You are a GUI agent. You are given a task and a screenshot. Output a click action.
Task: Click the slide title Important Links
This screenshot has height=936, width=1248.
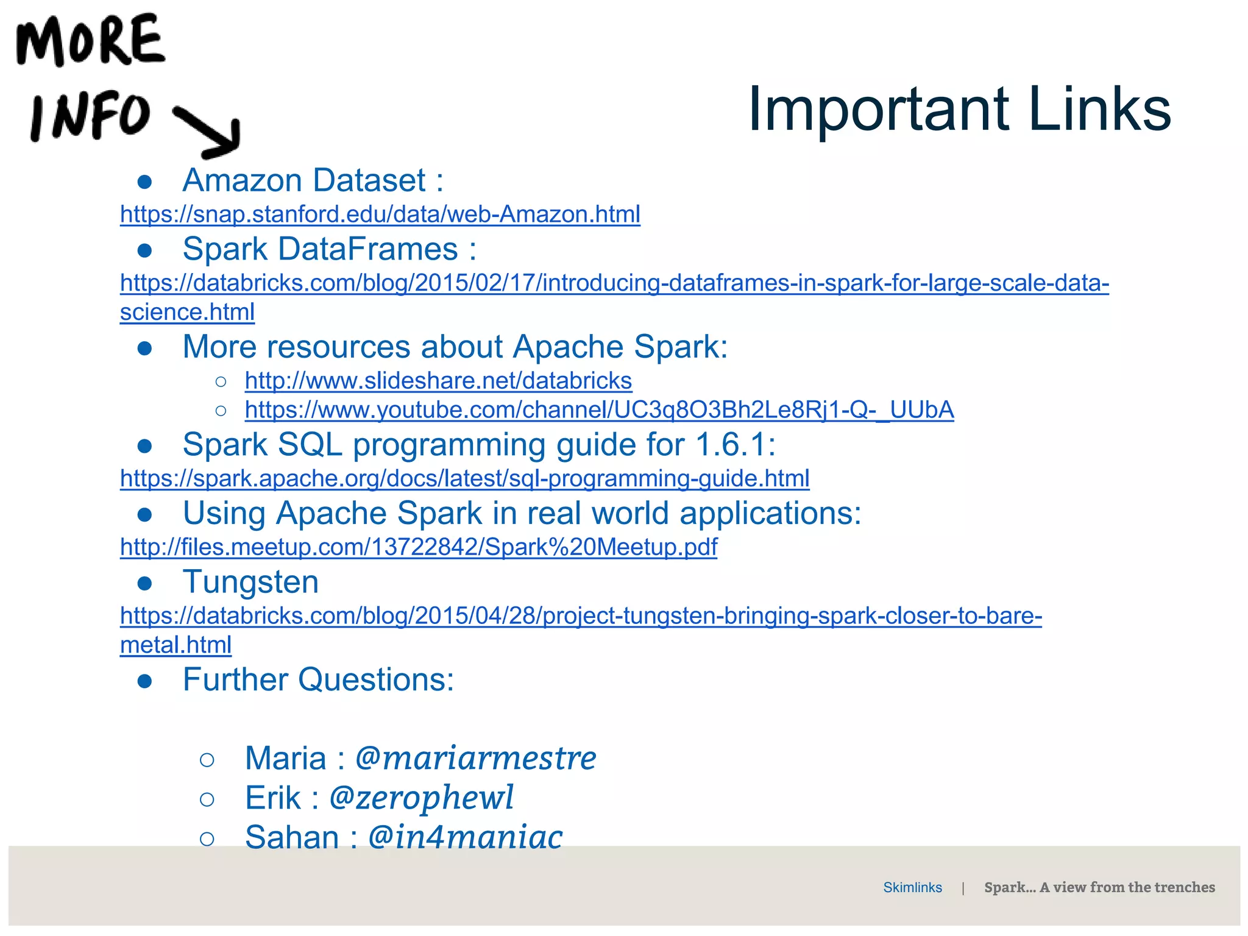959,110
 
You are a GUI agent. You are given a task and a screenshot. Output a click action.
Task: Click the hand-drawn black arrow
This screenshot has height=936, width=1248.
210,130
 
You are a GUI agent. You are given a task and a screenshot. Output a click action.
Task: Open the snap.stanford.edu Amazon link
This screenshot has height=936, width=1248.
380,214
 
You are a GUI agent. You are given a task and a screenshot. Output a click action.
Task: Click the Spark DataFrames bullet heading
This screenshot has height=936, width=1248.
329,249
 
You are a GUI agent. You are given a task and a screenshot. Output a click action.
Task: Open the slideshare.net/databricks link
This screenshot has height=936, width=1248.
438,381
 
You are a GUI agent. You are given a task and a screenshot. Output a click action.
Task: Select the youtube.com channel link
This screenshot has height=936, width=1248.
599,410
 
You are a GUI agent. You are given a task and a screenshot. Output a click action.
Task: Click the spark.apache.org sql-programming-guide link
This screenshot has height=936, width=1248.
464,478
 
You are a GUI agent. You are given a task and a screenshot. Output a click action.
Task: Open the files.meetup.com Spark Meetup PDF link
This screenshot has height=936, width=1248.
418,547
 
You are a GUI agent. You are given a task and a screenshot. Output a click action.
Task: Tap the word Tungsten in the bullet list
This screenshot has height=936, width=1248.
250,582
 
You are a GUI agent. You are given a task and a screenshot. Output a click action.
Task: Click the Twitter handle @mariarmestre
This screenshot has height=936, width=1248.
475,759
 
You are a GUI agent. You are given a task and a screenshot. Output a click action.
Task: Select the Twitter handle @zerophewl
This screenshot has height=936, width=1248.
421,798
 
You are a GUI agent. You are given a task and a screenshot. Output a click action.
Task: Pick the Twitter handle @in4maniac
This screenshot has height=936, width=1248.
465,837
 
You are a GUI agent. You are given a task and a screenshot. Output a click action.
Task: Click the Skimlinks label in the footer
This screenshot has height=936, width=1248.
912,888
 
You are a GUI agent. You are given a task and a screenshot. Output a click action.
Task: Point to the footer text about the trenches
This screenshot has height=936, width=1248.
1099,888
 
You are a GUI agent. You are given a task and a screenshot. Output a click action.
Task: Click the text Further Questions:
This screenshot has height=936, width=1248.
318,679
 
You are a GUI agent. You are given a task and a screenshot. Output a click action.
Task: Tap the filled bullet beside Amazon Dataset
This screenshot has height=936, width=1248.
144,182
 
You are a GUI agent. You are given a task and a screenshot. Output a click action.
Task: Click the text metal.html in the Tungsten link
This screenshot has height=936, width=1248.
175,645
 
